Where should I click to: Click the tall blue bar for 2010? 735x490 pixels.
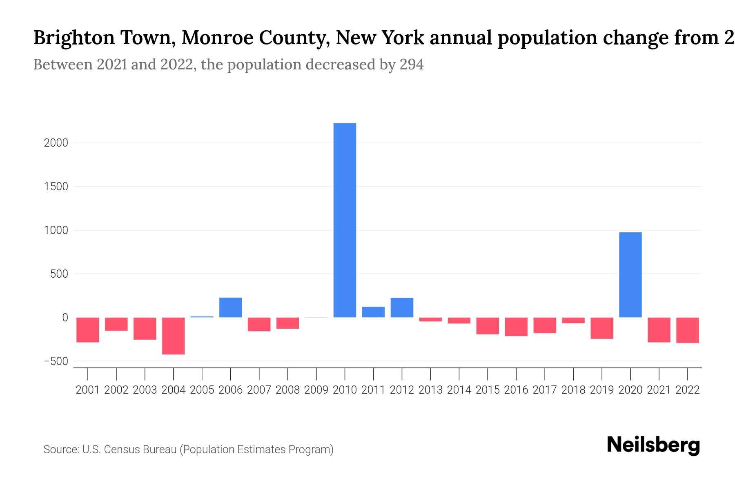(345, 220)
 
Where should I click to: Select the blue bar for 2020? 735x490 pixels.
(630, 275)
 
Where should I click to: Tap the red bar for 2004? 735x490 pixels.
(174, 336)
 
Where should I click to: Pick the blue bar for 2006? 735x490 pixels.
(230, 307)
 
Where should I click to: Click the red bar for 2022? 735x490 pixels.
(687, 330)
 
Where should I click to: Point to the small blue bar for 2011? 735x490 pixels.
(373, 312)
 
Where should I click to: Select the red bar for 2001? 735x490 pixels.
(88, 330)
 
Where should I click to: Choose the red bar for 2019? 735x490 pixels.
(601, 328)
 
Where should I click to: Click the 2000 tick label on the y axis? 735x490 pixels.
(56, 143)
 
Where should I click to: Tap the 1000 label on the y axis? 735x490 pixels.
(56, 230)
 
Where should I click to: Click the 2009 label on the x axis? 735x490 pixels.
(316, 390)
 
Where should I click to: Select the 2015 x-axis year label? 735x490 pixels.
(488, 390)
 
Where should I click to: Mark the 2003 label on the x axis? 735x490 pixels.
(145, 390)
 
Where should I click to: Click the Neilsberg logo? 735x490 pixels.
(653, 445)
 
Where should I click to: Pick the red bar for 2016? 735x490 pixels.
(516, 327)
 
